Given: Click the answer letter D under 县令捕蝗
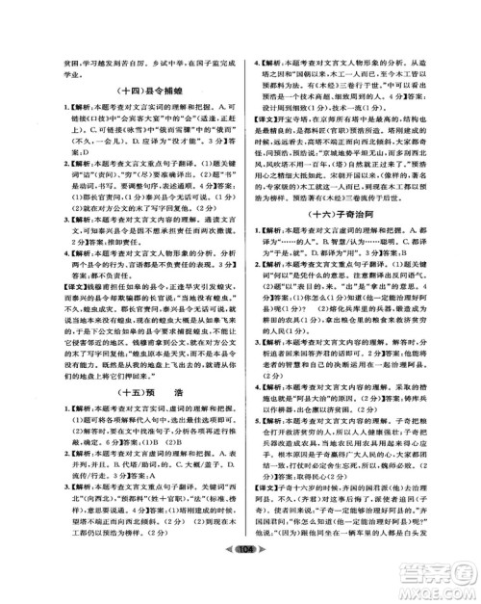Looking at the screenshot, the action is (63, 153).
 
